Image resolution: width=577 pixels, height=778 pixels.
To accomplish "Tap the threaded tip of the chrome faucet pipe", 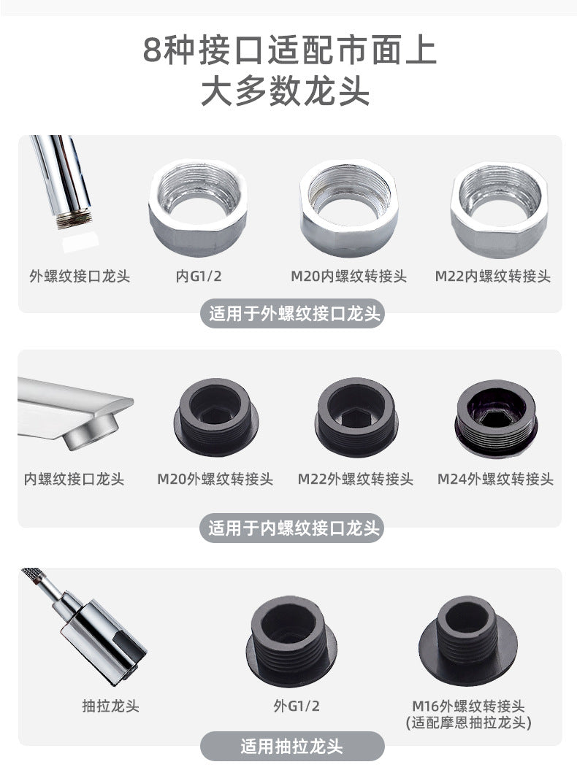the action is [74, 218].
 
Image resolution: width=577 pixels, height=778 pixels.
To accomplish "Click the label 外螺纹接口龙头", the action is [80, 276].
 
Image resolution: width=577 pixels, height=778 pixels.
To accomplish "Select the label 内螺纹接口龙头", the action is [74, 479].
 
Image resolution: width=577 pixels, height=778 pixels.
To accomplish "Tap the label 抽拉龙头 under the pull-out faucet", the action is [111, 706].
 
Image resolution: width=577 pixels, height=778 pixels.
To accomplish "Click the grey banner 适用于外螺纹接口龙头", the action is [292, 314].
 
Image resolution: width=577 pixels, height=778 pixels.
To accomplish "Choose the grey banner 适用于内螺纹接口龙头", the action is [292, 528].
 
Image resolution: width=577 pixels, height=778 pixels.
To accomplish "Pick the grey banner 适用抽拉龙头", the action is [292, 746].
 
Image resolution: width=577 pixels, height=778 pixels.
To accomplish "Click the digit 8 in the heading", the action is [152, 50].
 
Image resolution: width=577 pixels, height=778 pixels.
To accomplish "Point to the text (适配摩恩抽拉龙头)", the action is [468, 723].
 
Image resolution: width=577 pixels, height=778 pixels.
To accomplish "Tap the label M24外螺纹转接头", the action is [495, 479].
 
